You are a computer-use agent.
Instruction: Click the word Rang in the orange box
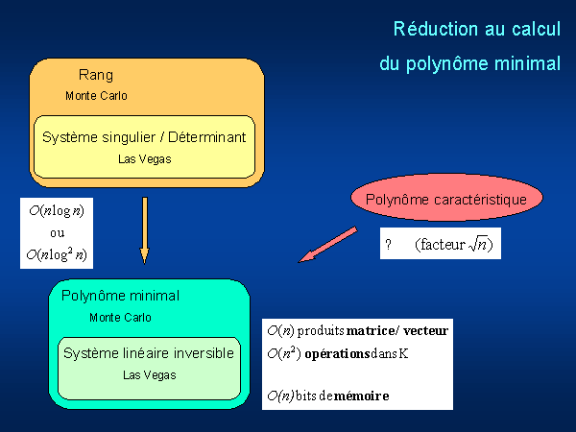tap(95, 75)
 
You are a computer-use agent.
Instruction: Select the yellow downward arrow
tap(144, 230)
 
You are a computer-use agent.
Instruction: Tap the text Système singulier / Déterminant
tap(144, 137)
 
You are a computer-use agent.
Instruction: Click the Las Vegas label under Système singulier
tap(143, 158)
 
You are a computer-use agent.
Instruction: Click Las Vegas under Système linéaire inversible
tap(149, 374)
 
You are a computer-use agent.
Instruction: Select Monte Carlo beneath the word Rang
tap(96, 96)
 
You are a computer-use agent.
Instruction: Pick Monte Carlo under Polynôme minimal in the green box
tap(120, 318)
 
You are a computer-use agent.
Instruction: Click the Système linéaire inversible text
tap(149, 353)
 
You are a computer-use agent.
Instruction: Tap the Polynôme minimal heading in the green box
tap(120, 296)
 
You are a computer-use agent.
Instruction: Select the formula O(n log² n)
tap(57, 254)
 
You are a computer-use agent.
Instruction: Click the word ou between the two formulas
tap(56, 233)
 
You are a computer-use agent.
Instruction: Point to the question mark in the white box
tap(389, 246)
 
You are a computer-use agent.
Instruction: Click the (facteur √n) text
tap(455, 245)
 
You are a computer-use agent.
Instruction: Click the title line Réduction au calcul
tap(476, 30)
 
